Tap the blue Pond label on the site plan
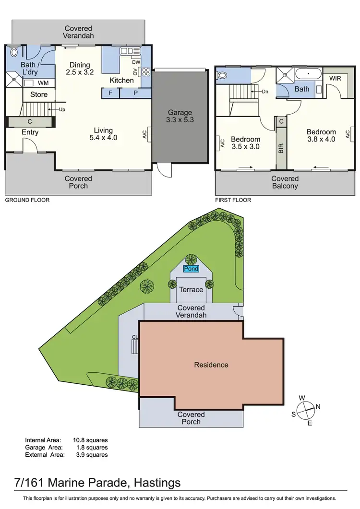(x=191, y=269)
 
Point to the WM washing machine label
(x=43, y=83)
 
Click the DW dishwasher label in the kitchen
(x=136, y=62)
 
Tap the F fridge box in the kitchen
(x=110, y=93)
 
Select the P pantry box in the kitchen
(x=135, y=93)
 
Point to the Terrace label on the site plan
(x=191, y=290)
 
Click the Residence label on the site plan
(x=211, y=365)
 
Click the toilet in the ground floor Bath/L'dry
(x=14, y=52)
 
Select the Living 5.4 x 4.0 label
(x=103, y=134)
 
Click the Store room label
(x=39, y=95)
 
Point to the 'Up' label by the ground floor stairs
(x=62, y=109)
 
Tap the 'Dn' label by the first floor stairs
(x=264, y=91)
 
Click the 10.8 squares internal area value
(x=91, y=439)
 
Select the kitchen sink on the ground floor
(x=130, y=51)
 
